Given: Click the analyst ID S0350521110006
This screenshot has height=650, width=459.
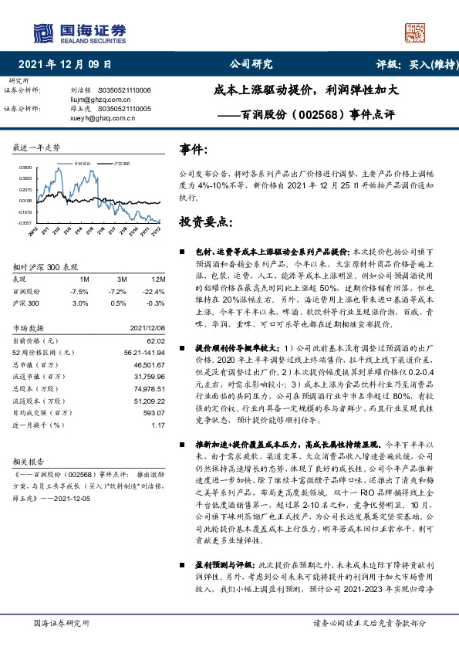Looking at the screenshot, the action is click(123, 90).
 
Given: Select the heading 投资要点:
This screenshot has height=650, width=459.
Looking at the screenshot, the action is click(205, 222).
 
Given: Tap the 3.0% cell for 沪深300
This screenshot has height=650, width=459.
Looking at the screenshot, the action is click(79, 303).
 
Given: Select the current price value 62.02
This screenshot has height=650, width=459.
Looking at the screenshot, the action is click(156, 340).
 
